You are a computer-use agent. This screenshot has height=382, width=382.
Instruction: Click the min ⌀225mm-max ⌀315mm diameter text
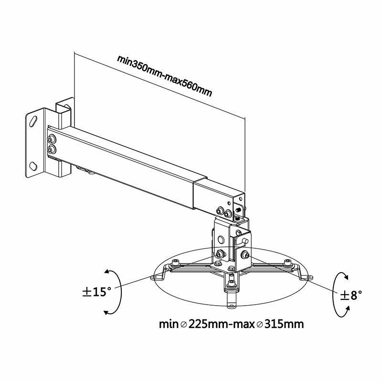tap(232, 324)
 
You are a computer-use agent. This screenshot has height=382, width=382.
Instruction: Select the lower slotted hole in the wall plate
tap(34, 167)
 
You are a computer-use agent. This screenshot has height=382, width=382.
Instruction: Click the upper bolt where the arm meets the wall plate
tap(51, 140)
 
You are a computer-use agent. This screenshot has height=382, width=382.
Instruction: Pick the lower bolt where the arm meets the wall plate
tap(51, 150)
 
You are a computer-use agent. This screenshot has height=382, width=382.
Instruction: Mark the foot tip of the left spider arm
tap(154, 277)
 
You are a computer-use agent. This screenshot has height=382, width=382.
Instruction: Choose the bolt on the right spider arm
tap(287, 262)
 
